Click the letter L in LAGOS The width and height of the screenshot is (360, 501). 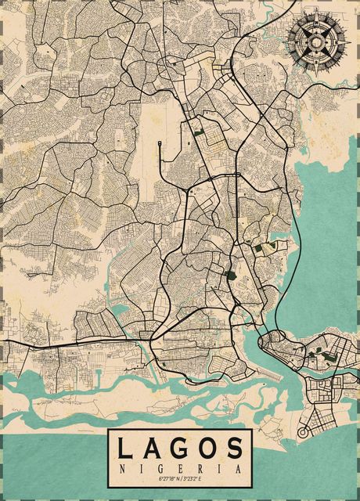[x=126, y=449]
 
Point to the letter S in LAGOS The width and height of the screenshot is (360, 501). [x=234, y=449]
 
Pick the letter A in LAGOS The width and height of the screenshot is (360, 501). [x=153, y=449]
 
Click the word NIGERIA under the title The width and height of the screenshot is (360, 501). [x=180, y=468]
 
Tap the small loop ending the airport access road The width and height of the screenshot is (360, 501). [x=160, y=142]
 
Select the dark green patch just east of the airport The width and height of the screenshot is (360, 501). [x=197, y=131]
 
